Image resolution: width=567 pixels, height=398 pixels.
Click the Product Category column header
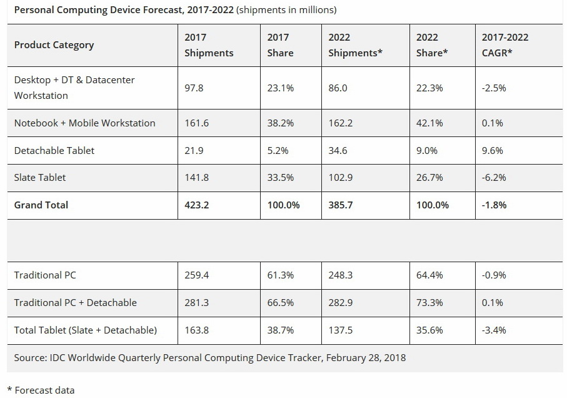coord(54,45)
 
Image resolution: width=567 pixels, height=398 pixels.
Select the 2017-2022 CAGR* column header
coord(504,45)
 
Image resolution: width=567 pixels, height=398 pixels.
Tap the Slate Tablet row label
coord(40,178)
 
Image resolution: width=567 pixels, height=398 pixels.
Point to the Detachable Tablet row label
coord(54,151)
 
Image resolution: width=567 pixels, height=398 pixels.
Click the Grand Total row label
coord(41,205)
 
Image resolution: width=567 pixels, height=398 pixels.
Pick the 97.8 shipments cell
coord(194,88)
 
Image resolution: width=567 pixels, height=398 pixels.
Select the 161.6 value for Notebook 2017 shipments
coord(196,123)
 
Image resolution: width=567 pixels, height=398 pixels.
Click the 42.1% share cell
coord(429,123)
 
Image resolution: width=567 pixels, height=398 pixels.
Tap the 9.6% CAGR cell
coord(492,151)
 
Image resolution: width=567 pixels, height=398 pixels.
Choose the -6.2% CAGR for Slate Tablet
coord(494,178)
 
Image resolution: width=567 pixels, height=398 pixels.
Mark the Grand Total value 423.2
coord(196,205)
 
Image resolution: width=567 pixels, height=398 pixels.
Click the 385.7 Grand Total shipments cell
coord(340,205)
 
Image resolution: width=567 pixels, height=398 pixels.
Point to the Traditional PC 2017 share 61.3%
coord(281,275)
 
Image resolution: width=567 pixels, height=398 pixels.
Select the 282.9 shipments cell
coord(340,303)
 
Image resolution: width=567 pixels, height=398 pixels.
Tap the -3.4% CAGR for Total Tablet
coord(494,330)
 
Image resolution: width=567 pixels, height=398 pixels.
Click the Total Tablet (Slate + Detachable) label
coord(86,330)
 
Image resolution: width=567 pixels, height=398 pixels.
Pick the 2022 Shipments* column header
coord(355,45)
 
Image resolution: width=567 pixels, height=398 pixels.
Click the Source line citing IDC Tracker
coord(210,358)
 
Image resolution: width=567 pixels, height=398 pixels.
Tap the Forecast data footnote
coord(41,390)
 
